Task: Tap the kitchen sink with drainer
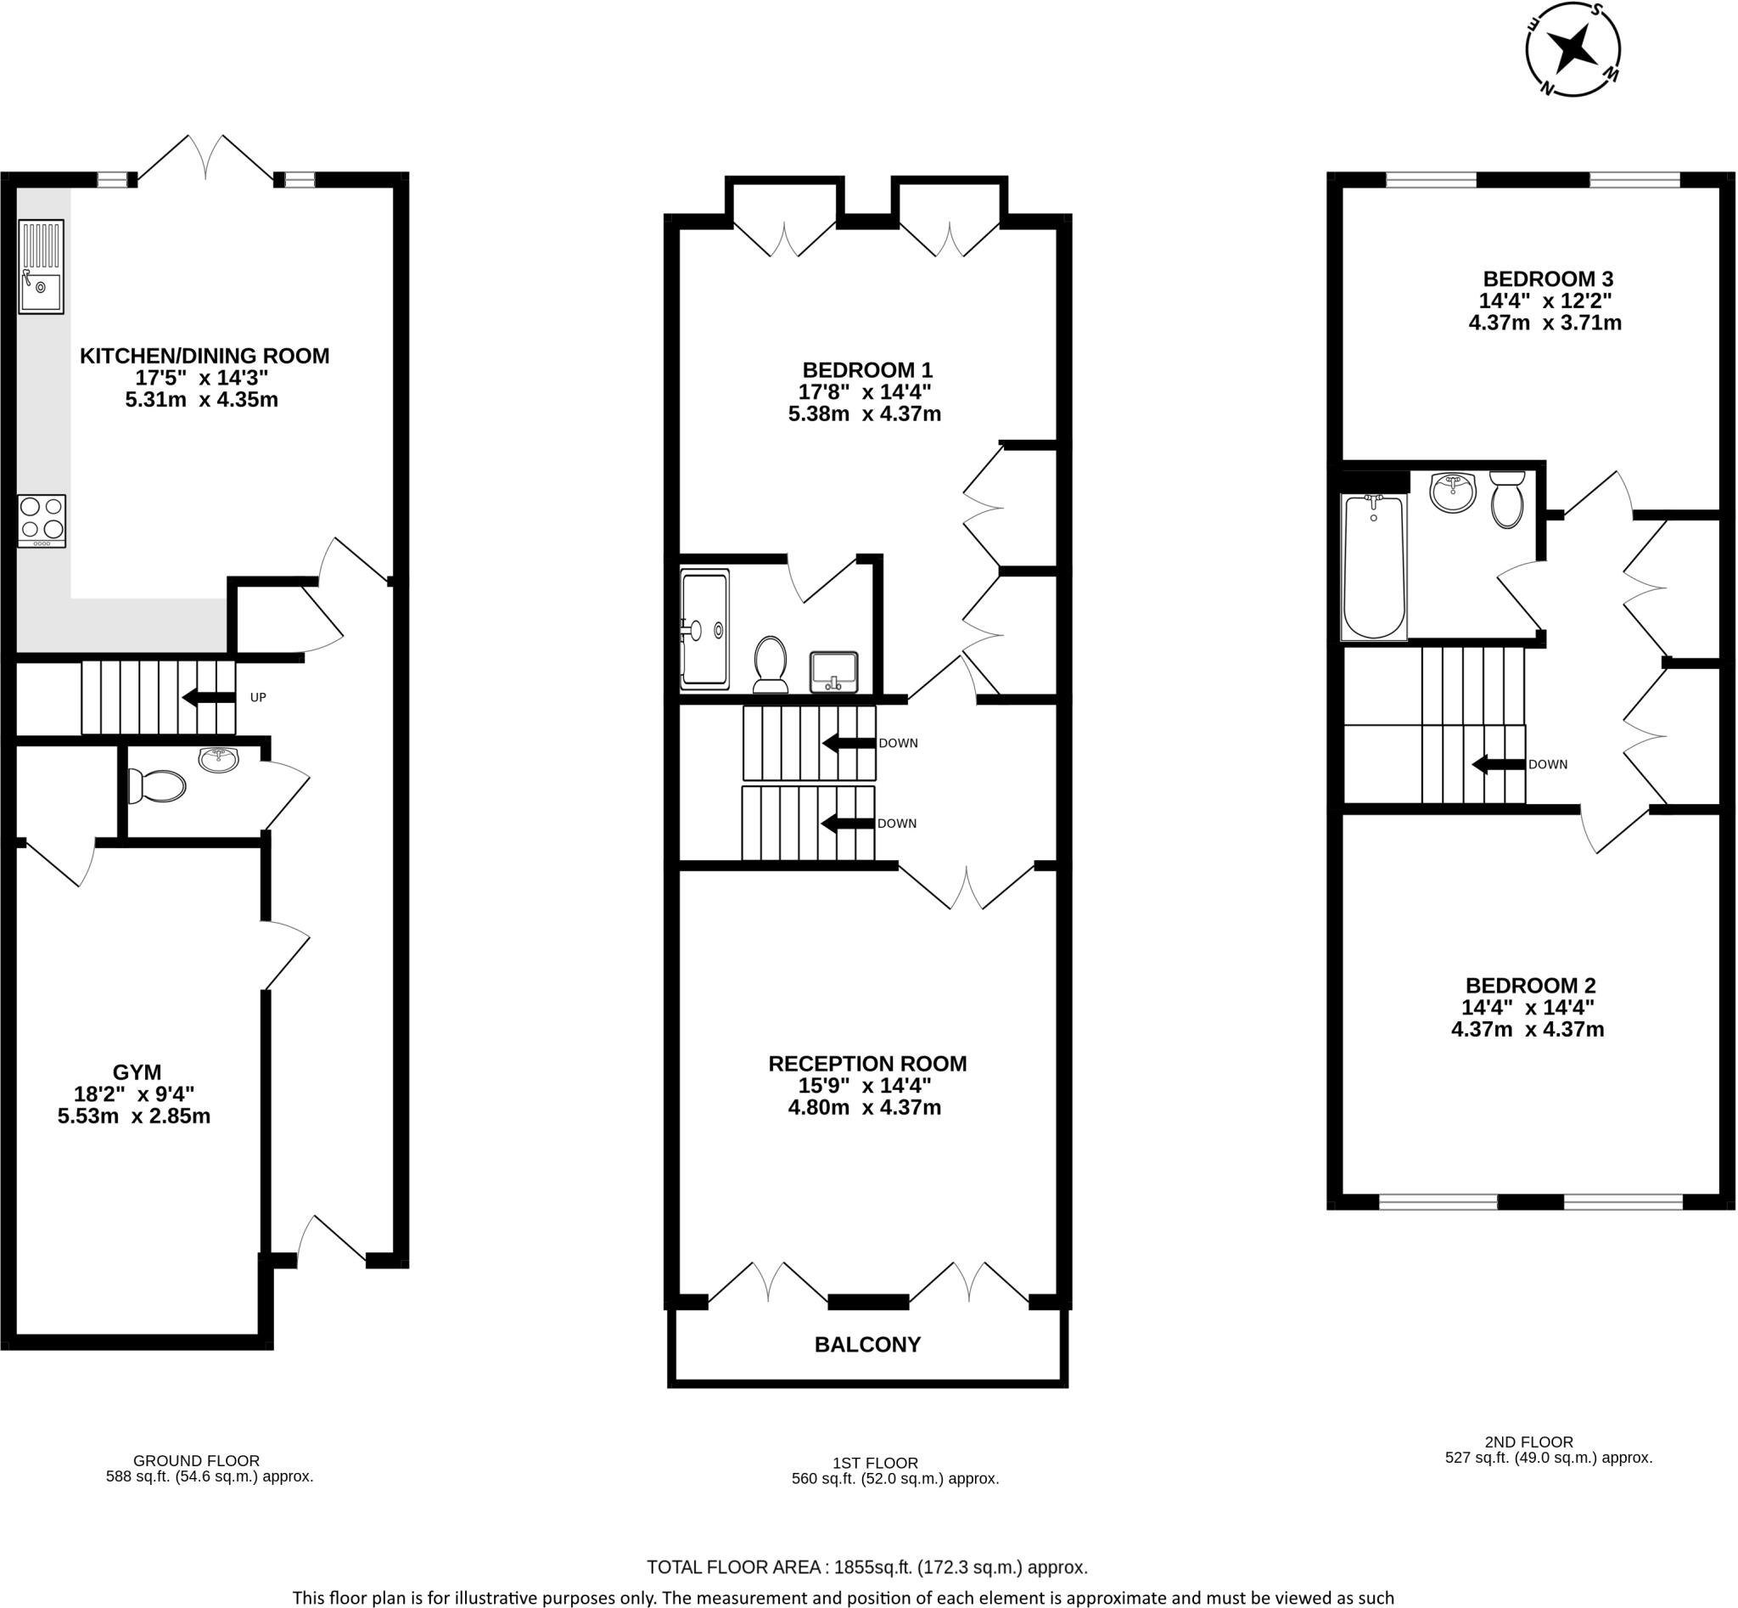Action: tap(41, 267)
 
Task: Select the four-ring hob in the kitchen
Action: tap(41, 520)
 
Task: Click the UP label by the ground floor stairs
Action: tap(257, 697)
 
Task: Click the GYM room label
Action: tap(137, 1072)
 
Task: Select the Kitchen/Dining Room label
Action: tap(205, 356)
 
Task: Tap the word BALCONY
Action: tap(867, 1344)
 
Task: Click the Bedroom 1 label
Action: tap(867, 370)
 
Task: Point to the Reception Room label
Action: tap(867, 1063)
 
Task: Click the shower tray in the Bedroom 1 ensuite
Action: tap(704, 628)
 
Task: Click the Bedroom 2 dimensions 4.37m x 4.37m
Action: tap(1528, 1029)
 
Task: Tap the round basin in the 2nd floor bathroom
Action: tap(1453, 492)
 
